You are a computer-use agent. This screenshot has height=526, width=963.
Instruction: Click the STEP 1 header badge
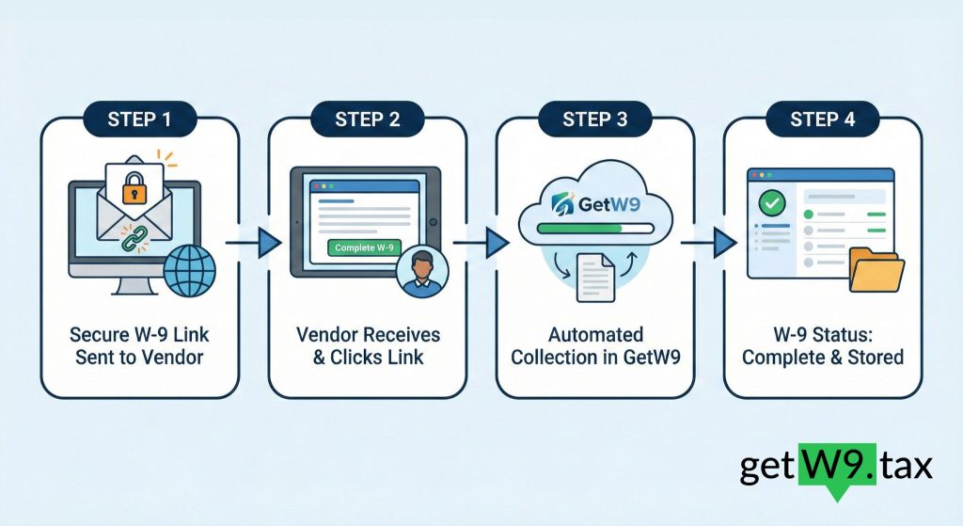139,120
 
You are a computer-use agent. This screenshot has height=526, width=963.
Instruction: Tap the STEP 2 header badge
368,120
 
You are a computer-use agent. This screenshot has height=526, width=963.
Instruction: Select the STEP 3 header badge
595,120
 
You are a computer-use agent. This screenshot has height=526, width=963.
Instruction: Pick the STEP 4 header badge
823,120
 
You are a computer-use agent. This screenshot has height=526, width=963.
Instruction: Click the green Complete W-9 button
364,249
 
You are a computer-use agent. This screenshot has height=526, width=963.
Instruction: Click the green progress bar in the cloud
580,227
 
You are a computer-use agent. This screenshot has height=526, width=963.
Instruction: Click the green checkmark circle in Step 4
773,202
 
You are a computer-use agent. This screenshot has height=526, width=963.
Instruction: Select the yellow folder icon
875,270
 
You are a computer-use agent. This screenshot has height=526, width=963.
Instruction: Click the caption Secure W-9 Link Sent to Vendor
139,345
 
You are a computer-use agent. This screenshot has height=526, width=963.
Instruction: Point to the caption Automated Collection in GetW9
595,345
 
